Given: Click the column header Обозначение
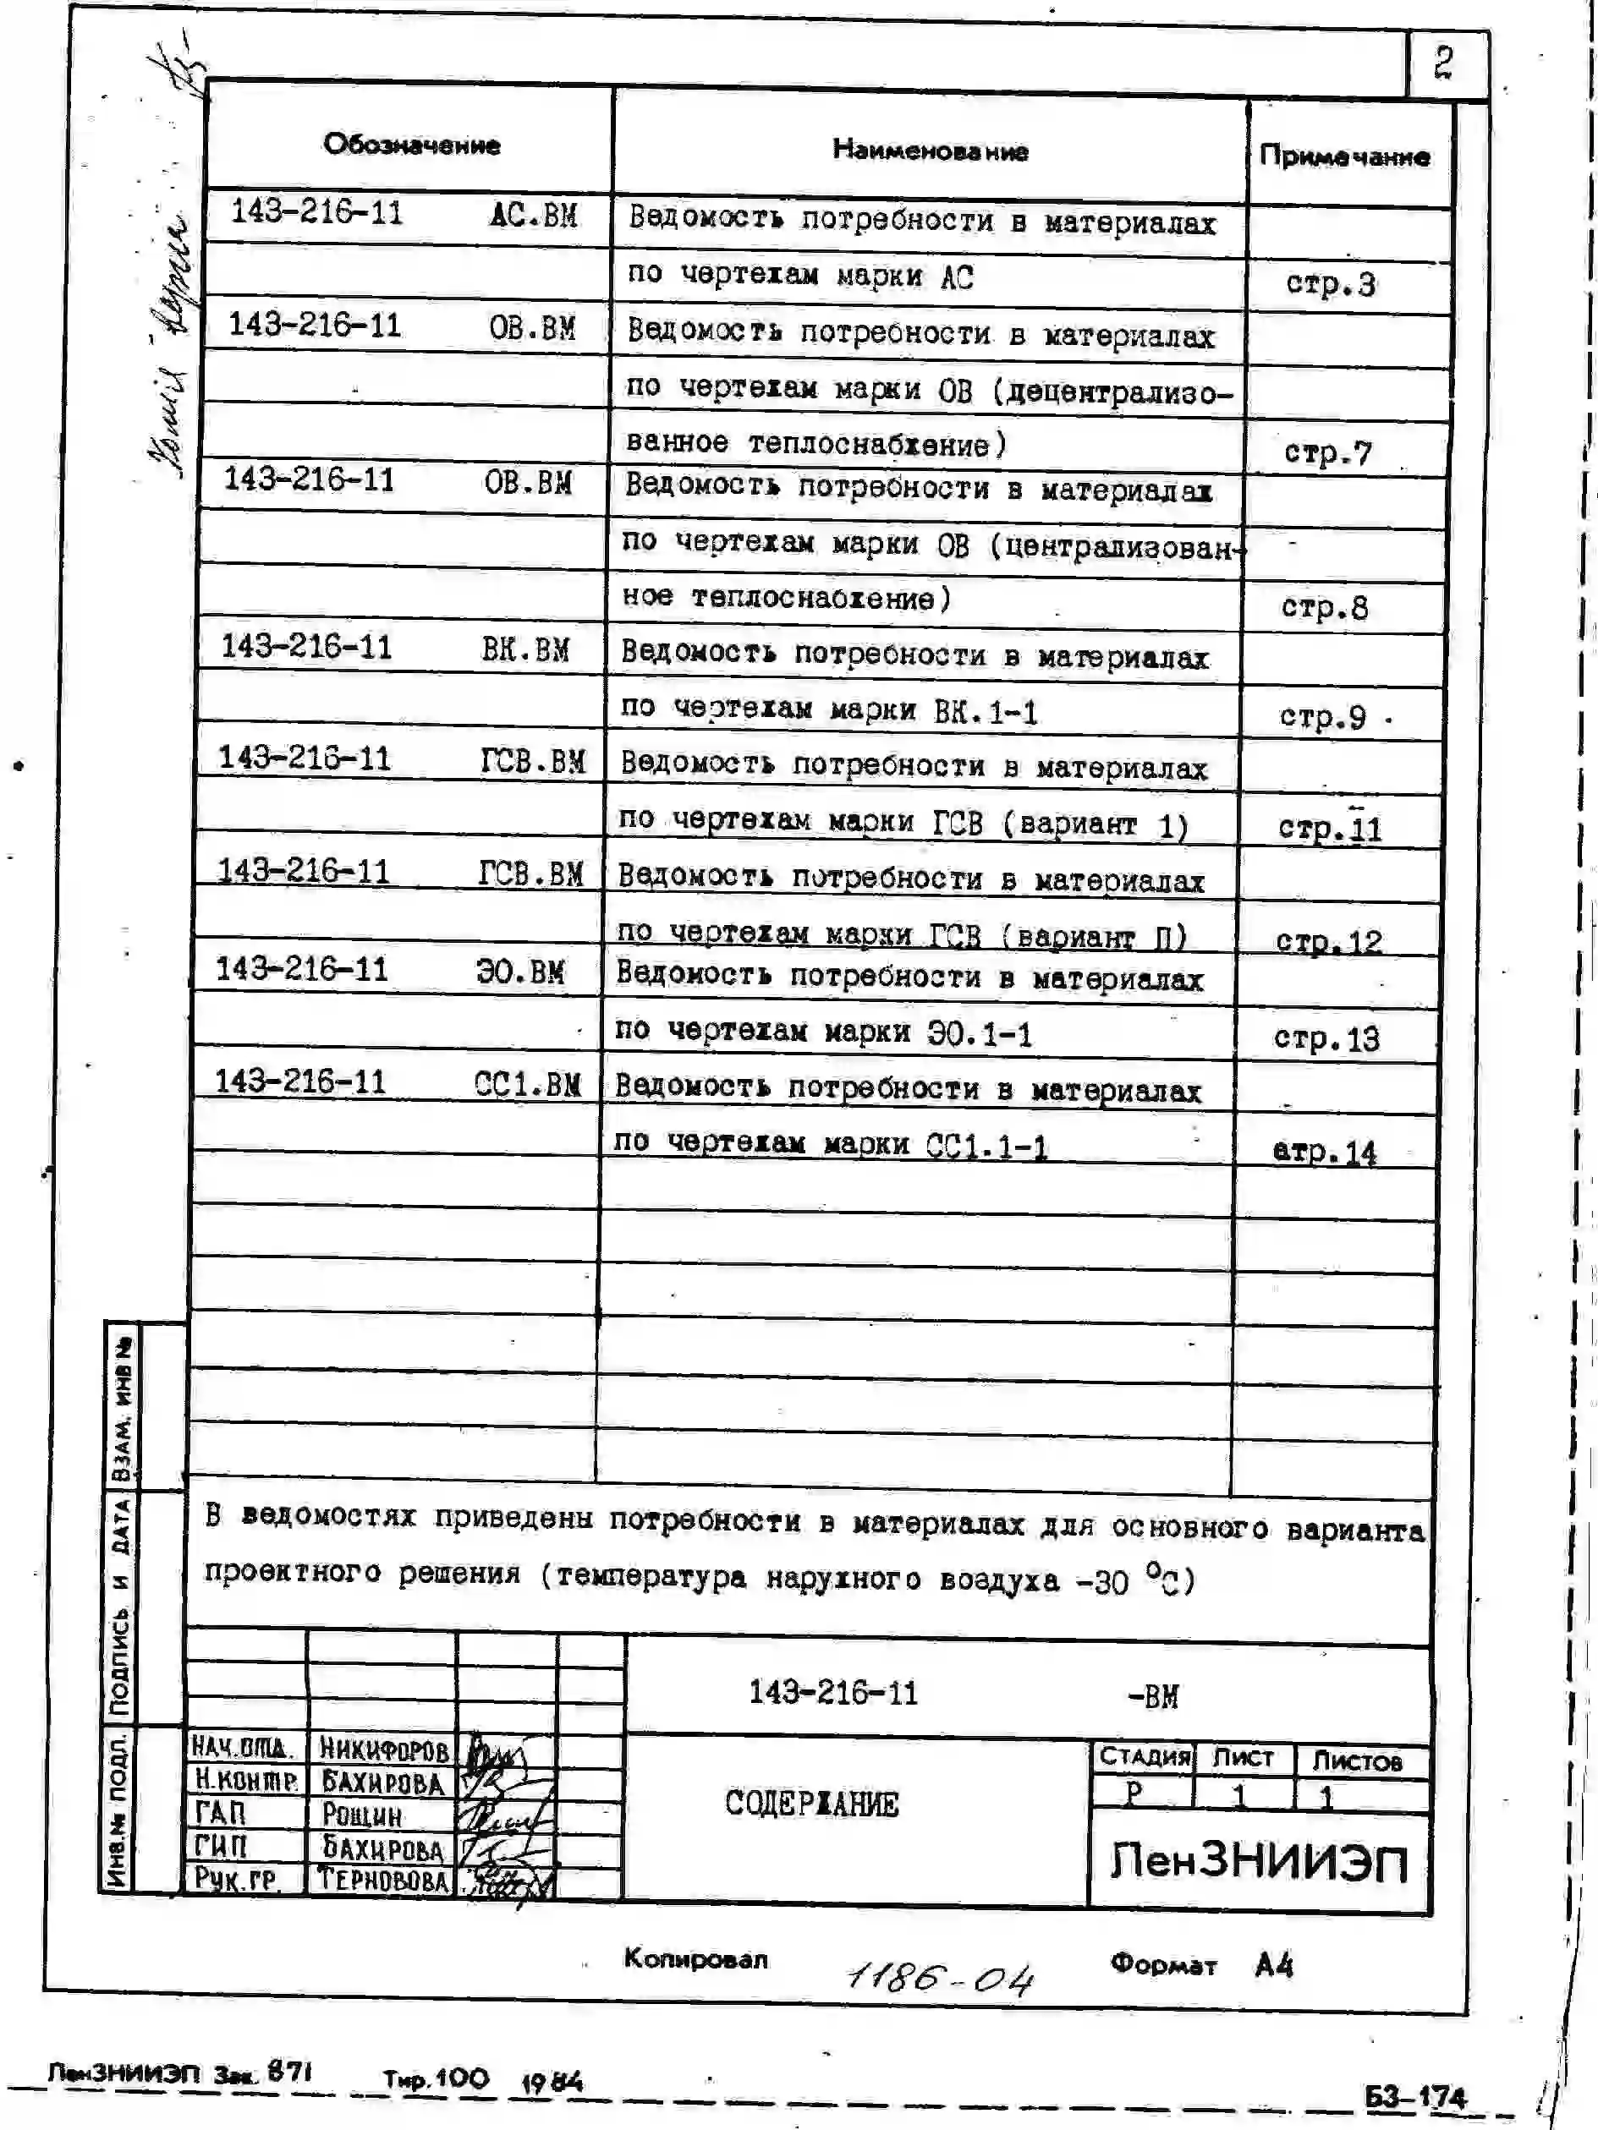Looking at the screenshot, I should coord(411,145).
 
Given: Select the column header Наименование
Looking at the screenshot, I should coord(930,151).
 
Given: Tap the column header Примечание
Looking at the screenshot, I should coord(1343,156).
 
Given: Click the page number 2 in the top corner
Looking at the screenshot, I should coord(1443,63).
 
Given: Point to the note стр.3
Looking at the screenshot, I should coord(1330,284).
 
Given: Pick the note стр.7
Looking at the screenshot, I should coord(1327,452).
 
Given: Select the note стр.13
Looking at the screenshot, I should coord(1326,1038).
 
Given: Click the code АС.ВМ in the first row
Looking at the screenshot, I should coord(534,215).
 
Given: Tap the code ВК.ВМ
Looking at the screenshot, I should coord(525,649).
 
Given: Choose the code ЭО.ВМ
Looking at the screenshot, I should coord(520,972).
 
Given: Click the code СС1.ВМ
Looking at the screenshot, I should coord(527,1084).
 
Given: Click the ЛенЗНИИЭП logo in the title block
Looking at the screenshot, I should coord(1259,1860).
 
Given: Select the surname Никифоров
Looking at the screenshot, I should coord(382,1748).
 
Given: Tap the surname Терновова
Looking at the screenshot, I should coord(382,1880).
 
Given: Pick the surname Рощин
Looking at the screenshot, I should coord(361,1814).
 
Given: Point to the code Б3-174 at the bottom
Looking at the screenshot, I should coord(1415,2096).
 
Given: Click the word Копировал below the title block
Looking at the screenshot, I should coord(695,1958).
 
